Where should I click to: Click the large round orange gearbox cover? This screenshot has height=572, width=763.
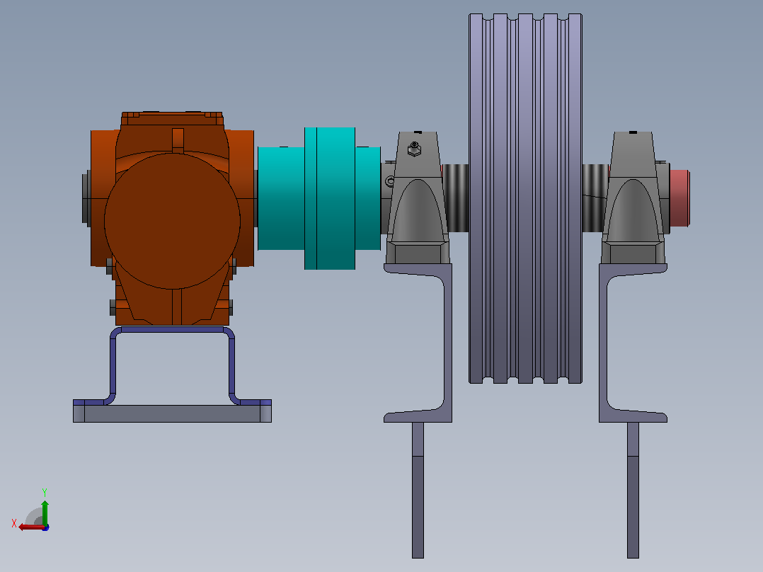(172, 221)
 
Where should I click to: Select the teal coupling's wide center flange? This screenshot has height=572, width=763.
(330, 198)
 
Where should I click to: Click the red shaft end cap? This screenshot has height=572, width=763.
(679, 198)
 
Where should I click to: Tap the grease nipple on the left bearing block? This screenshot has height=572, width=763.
(414, 149)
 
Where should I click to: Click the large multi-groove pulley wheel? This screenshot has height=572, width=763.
(525, 199)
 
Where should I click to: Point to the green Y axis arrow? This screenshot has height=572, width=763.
(45, 513)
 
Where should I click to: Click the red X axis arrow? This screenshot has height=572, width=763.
(32, 527)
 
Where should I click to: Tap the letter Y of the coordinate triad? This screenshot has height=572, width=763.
(45, 492)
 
